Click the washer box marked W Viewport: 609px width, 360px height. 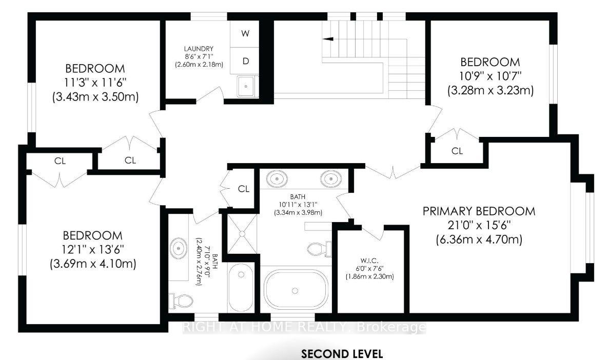coord(245,34)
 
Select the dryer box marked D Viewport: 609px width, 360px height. coord(245,61)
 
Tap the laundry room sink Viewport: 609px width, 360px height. coord(246,86)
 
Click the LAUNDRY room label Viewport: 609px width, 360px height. coord(199,49)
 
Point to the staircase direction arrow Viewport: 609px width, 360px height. coord(328,38)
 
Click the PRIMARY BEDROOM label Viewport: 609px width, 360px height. coord(479,211)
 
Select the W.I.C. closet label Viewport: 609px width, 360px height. coord(369,261)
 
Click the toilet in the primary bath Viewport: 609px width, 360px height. coord(320,249)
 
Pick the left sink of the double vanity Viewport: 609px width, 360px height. coord(277,179)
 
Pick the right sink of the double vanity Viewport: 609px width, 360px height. coord(331,179)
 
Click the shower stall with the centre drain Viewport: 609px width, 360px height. coord(242,234)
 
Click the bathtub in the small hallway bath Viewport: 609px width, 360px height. coord(241,287)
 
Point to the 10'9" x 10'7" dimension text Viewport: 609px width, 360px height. coord(490,76)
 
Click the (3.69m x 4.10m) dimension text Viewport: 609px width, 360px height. coord(93,264)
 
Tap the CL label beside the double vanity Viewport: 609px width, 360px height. coord(244,189)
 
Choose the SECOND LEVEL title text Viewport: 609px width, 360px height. coord(342,354)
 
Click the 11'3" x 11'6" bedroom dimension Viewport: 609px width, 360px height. coord(95,83)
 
